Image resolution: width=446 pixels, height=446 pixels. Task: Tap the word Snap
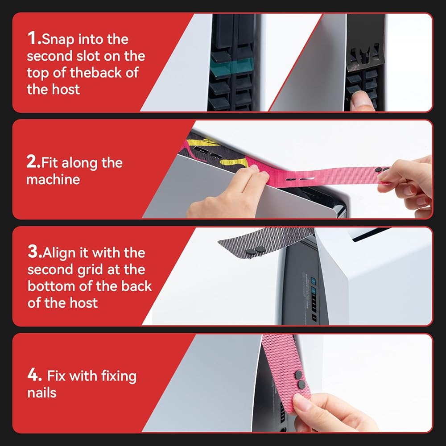point(58,39)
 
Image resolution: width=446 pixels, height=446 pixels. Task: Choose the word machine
point(53,179)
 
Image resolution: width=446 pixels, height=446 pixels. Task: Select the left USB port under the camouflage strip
point(200,150)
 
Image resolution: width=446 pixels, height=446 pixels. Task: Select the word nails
point(42,392)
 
